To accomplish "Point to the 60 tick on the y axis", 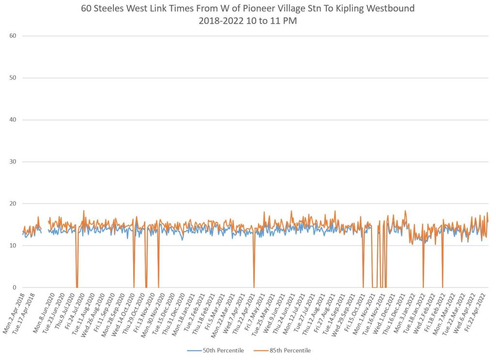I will pyautogui.click(x=13, y=36).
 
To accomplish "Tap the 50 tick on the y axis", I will pyautogui.click(x=13, y=78).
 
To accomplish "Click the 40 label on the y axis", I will pyautogui.click(x=13, y=120).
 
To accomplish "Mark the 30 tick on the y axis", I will pyautogui.click(x=13, y=162).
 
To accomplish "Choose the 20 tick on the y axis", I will pyautogui.click(x=13, y=203).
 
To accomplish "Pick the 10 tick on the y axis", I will pyautogui.click(x=13, y=246).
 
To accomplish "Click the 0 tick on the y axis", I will pyautogui.click(x=15, y=287).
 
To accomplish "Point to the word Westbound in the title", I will pyautogui.click(x=389, y=9).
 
